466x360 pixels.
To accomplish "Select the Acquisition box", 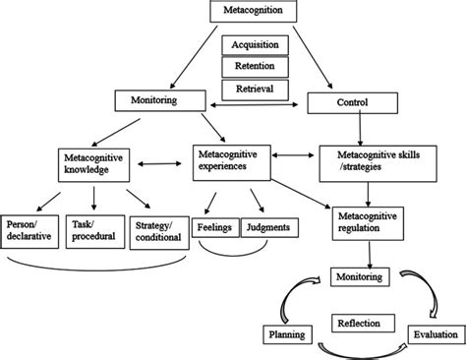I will (256, 45).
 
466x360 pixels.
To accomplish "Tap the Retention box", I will (256, 67).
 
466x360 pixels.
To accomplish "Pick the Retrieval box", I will (256, 89).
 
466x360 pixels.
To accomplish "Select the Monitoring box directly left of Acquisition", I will (157, 100).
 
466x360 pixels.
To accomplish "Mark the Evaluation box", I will (433, 334).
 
